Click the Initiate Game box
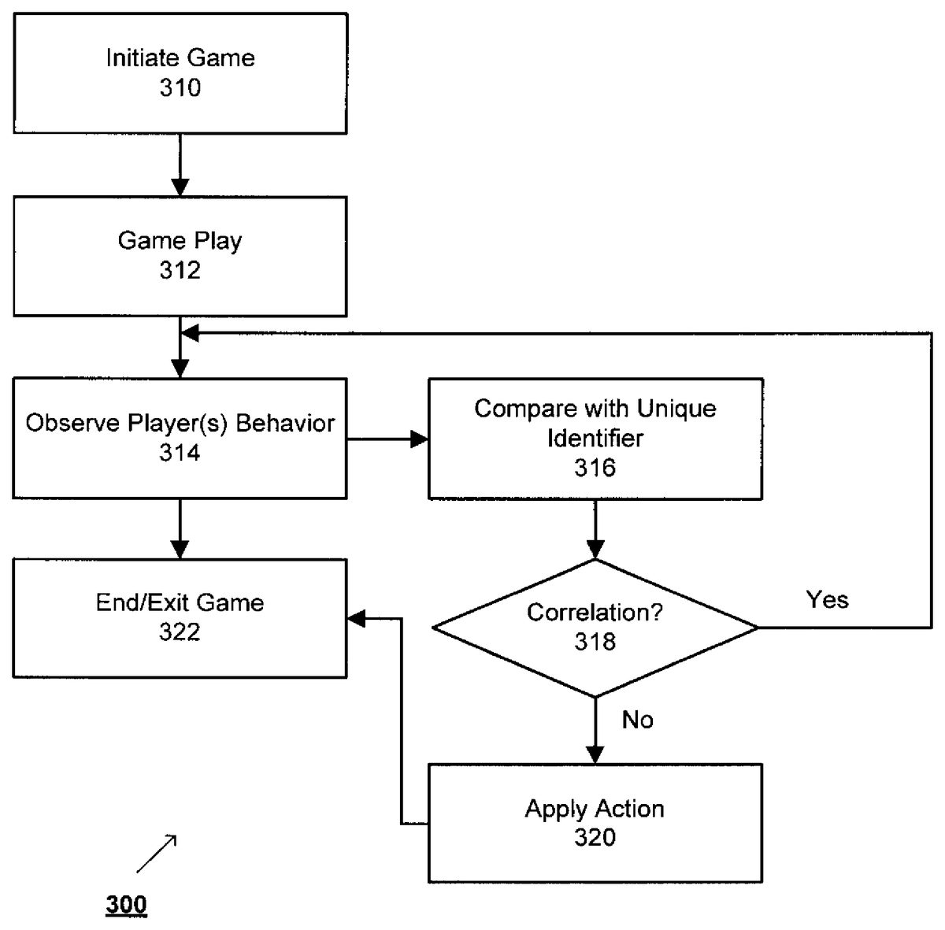click(180, 73)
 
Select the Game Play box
click(180, 256)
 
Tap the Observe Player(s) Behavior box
click(180, 438)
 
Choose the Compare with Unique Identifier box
click(595, 439)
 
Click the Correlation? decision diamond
click(595, 628)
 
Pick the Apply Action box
click(595, 823)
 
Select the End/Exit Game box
click(180, 618)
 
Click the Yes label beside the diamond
click(827, 600)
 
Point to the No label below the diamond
click(637, 720)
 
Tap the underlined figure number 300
click(126, 905)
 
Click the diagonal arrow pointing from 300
click(156, 854)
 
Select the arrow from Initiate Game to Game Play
click(180, 165)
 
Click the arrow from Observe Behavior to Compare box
click(387, 439)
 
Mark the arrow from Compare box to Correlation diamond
click(595, 529)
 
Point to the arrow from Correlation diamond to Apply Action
click(595, 731)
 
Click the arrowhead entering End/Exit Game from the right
click(357, 619)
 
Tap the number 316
click(595, 469)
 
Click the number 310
click(180, 87)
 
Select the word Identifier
click(595, 439)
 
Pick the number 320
click(595, 837)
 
